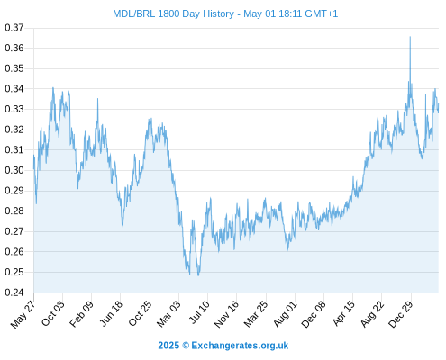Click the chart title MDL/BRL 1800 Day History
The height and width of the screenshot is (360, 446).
pos(173,13)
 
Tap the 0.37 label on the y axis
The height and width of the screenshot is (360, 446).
pos(14,28)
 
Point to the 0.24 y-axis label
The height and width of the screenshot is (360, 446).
pos(14,292)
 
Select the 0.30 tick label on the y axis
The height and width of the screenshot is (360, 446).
pos(14,170)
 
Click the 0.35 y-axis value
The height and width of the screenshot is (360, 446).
pos(14,68)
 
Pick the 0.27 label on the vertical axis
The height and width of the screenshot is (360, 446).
pos(14,231)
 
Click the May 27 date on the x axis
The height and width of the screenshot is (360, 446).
pos(23,313)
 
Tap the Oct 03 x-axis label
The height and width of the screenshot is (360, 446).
pos(53,313)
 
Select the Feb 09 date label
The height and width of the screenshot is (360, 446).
pos(81,313)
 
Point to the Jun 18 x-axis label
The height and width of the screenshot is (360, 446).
pos(111,313)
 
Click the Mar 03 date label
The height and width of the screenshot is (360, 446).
pos(168,313)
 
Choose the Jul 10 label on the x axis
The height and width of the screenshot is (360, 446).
pos(199,312)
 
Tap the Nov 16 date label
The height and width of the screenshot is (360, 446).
pos(226,313)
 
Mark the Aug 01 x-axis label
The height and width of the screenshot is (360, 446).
pos(285,313)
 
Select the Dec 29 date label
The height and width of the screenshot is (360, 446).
pos(401,313)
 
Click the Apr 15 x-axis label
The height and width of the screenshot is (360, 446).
pos(343,313)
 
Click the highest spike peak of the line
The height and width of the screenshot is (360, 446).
pos(410,37)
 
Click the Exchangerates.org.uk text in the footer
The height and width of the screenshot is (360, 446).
pos(240,346)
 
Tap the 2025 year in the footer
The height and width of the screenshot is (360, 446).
pos(168,346)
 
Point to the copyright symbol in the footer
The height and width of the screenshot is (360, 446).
pos(186,346)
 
